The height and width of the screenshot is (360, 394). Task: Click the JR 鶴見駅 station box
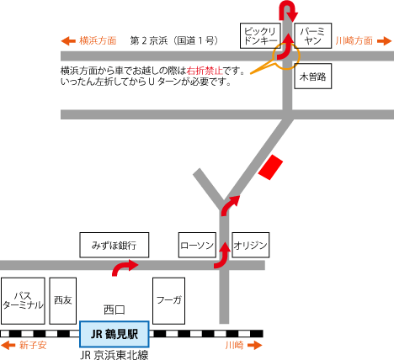114,334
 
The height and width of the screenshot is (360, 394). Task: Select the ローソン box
198,246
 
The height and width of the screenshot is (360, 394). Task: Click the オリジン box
250,246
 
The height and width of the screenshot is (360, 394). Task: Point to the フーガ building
169,299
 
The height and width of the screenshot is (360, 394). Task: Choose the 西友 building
63,299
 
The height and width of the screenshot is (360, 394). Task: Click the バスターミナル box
22,299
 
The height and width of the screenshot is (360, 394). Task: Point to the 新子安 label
34,345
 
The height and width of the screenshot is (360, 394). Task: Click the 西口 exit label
114,309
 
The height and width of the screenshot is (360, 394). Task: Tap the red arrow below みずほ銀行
125,267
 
